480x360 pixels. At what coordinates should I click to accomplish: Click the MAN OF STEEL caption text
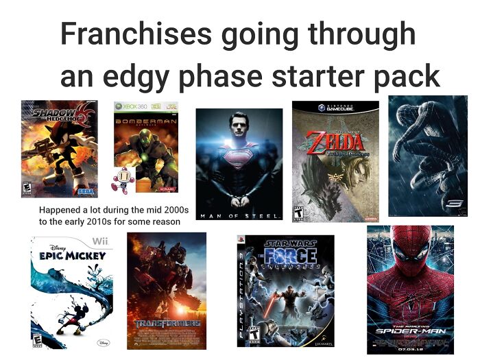[239, 216]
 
